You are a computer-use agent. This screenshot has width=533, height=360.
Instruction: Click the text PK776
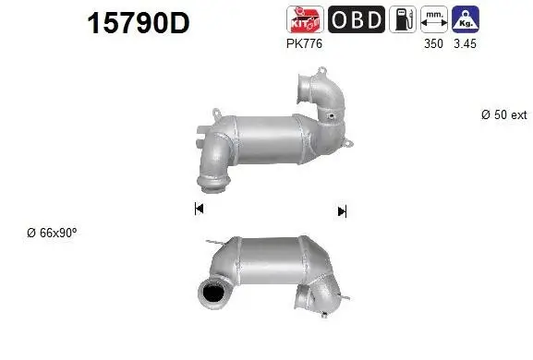(305, 42)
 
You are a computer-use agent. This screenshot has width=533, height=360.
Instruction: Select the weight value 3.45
(464, 42)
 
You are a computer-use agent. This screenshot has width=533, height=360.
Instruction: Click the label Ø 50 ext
(504, 114)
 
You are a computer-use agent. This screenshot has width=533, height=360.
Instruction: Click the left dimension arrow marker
(199, 210)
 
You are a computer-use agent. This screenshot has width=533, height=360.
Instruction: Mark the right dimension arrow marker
(342, 211)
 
